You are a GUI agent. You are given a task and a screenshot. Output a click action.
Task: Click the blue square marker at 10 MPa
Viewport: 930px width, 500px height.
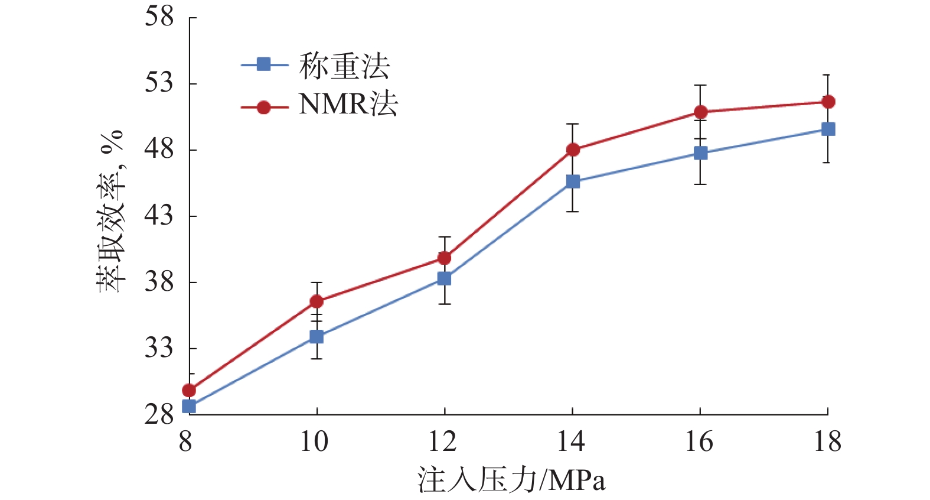tap(316, 337)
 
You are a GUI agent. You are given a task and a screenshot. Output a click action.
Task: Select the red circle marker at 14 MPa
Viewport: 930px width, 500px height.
tap(573, 150)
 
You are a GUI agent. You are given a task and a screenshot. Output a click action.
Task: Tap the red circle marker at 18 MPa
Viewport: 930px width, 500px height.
tap(828, 102)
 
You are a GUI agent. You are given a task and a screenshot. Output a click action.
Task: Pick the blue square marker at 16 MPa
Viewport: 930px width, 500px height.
tap(700, 153)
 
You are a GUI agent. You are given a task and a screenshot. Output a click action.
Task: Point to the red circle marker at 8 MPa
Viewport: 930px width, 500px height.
tap(189, 390)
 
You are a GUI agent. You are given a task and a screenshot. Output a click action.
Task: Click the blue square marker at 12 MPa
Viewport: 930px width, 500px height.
tap(444, 278)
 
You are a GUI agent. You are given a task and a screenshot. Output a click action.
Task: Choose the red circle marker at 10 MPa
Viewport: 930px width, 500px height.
tap(316, 301)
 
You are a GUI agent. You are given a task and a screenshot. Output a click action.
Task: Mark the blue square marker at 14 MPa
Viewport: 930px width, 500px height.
tap(573, 181)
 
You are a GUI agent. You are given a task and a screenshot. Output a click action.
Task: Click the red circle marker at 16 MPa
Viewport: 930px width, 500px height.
tap(700, 112)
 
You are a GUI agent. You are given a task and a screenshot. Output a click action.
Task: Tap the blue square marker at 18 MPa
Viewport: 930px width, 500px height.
tap(828, 129)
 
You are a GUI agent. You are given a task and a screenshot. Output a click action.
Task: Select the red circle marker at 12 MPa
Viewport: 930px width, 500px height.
tap(444, 258)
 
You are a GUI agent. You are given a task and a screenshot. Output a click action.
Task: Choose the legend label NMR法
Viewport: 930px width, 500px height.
tap(348, 105)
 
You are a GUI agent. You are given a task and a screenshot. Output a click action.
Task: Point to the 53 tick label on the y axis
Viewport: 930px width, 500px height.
tap(159, 83)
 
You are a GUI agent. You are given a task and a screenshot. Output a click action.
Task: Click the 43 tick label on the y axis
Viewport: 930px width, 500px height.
tap(159, 215)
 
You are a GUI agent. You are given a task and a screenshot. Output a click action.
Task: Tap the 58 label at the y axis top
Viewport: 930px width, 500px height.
tap(159, 17)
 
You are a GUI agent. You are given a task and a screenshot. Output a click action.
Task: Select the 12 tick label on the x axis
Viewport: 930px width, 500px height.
tap(443, 441)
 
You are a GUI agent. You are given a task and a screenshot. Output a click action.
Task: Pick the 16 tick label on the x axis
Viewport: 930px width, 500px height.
tap(699, 441)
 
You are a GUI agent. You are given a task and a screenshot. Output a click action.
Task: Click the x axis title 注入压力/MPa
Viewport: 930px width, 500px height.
tap(511, 480)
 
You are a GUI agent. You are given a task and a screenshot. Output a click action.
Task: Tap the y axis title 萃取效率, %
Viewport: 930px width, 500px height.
tap(111, 211)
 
